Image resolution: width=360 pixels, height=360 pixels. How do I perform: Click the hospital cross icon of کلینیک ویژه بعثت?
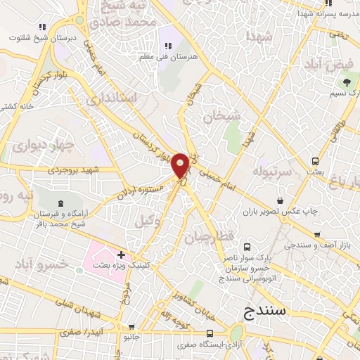(x=122, y=254)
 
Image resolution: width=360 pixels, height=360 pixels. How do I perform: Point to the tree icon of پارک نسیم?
(x=336, y=94)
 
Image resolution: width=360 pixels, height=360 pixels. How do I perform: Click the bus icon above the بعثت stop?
(x=315, y=160)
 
